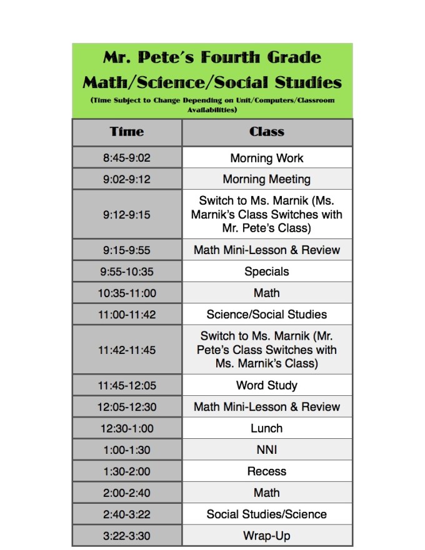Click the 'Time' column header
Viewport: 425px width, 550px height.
pyautogui.click(x=127, y=132)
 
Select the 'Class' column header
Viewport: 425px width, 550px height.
pyautogui.click(x=267, y=132)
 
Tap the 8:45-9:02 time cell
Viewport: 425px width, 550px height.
pyautogui.click(x=127, y=158)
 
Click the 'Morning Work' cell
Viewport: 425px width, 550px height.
pyautogui.click(x=267, y=158)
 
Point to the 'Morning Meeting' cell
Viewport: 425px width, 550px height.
pyautogui.click(x=267, y=179)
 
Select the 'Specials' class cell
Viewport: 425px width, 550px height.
pyautogui.click(x=267, y=272)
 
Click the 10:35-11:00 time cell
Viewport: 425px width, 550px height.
pyautogui.click(x=127, y=293)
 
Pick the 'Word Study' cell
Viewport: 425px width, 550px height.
pyautogui.click(x=267, y=385)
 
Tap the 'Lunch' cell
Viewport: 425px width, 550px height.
pyautogui.click(x=267, y=428)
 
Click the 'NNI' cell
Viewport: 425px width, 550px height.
pyautogui.click(x=267, y=449)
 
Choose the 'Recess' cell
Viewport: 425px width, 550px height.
pyautogui.click(x=267, y=471)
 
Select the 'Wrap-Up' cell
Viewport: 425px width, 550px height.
pyautogui.click(x=267, y=536)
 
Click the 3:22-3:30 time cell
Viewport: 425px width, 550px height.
pyautogui.click(x=127, y=536)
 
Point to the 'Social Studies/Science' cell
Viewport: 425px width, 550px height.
pyautogui.click(x=267, y=514)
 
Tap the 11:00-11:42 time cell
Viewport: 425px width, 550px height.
pyautogui.click(x=127, y=314)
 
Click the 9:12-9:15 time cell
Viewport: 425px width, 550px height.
pyautogui.click(x=127, y=215)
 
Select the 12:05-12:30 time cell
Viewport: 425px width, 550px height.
pyautogui.click(x=127, y=406)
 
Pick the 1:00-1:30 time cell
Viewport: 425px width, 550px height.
pyautogui.click(x=127, y=449)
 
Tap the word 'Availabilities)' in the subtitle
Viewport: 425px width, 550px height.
pyautogui.click(x=212, y=110)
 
